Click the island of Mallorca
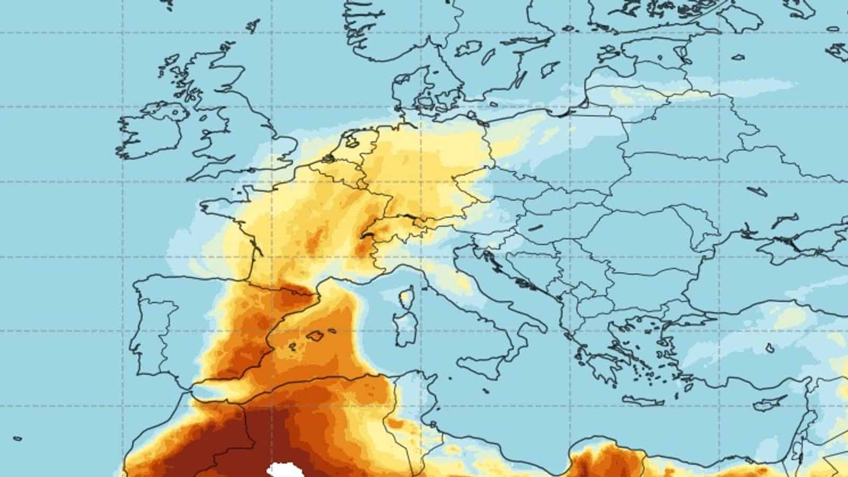tap(316, 335)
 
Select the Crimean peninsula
tap(779, 244)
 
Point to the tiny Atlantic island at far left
tap(17, 439)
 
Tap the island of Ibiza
tap(292, 347)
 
